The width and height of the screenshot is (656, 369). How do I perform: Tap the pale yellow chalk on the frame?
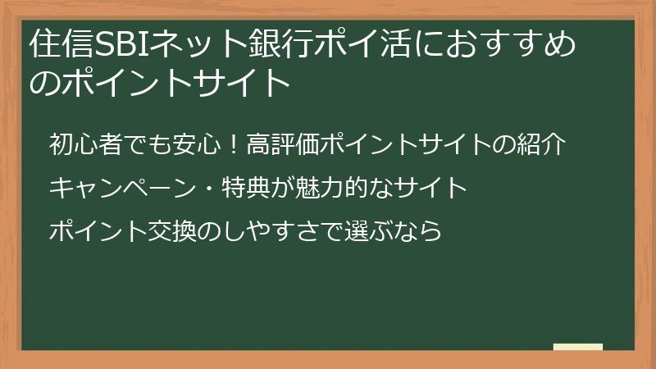[578, 348]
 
